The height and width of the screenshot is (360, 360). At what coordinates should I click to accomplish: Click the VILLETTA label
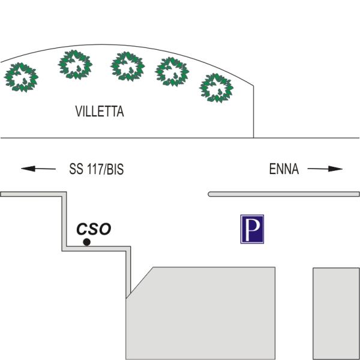point(100,112)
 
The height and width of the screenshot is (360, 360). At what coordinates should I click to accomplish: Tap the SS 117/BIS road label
point(97,169)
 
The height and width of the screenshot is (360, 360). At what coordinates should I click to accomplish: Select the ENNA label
point(284,169)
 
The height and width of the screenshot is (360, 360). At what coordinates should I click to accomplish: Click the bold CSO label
point(94,229)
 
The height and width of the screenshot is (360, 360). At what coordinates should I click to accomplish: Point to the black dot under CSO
point(86,242)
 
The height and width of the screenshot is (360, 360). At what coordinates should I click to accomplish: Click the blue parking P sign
point(252,229)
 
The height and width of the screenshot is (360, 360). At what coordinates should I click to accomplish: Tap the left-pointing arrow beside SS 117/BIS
point(38,169)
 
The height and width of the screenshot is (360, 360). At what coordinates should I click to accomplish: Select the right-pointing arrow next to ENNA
point(325,169)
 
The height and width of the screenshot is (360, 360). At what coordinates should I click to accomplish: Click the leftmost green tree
point(21,77)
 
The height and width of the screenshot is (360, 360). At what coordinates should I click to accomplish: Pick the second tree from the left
point(76,65)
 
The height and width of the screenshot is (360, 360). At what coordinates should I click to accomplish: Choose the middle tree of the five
point(128,67)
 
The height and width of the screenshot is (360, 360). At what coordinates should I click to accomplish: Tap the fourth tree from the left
point(172,72)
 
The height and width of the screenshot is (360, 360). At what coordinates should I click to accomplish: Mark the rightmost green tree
point(216,88)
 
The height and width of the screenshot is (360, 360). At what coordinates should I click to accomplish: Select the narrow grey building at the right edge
point(337,314)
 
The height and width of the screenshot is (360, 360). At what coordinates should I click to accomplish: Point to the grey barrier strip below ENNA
point(284,194)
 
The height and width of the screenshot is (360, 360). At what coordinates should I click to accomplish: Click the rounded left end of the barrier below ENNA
point(208,194)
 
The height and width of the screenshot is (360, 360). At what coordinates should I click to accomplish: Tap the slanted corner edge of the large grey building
point(140,283)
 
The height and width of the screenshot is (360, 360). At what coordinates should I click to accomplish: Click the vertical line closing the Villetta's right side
point(253,112)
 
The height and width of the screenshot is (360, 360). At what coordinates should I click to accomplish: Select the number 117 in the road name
point(95,169)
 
